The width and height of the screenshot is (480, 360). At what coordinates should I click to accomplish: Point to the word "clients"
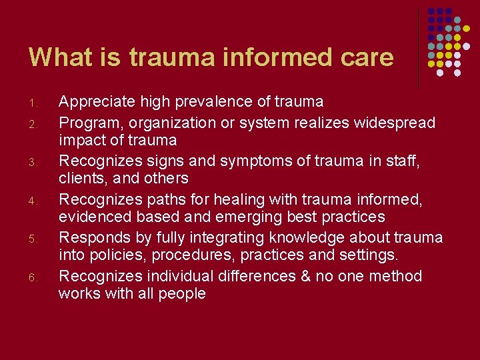tap(79, 179)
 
